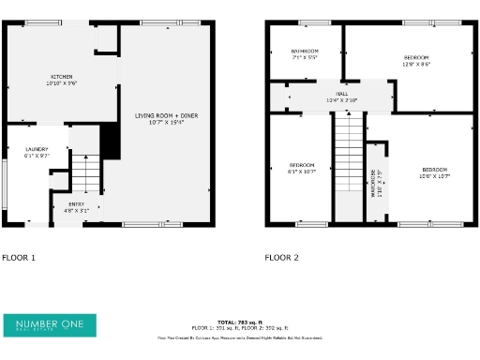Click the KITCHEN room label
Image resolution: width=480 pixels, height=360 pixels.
[62, 77]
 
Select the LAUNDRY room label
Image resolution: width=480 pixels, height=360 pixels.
[37, 149]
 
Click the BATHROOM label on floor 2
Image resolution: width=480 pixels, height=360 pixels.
[305, 51]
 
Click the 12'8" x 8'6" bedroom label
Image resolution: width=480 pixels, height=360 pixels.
[415, 57]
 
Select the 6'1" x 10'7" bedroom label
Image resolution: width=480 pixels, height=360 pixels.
[302, 165]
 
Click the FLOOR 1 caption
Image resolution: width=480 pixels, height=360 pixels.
[19, 257]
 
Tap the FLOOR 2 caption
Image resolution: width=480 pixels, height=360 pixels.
[281, 257]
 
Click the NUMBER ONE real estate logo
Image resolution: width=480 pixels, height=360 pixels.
[50, 325]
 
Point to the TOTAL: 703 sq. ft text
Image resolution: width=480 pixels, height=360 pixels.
[240, 322]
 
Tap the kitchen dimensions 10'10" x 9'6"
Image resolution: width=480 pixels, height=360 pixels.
[62, 84]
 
